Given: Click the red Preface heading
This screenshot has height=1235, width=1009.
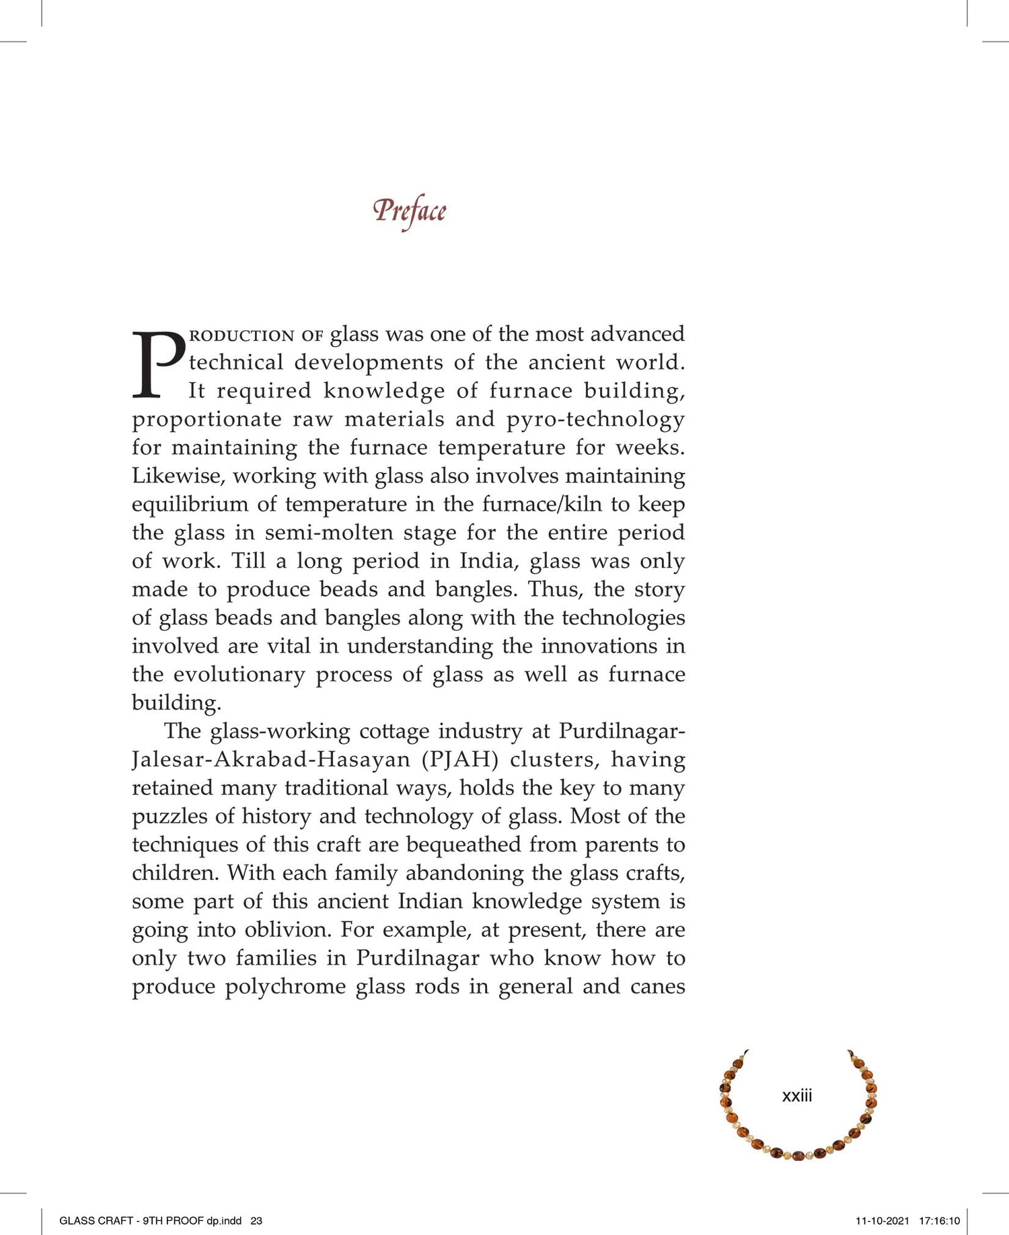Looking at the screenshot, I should click(x=409, y=211).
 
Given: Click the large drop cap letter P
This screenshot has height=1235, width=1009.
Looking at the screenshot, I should click(x=158, y=364).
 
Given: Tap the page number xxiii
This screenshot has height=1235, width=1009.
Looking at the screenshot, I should click(x=797, y=1096).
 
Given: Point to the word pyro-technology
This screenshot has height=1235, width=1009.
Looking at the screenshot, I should click(x=595, y=419).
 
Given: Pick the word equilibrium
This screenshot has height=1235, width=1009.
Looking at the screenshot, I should click(x=190, y=504).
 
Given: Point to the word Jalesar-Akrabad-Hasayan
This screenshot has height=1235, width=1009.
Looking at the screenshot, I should click(x=271, y=759).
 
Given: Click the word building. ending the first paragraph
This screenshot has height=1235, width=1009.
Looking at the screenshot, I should click(x=176, y=703).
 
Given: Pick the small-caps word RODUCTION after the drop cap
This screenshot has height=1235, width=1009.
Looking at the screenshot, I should click(x=242, y=335).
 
